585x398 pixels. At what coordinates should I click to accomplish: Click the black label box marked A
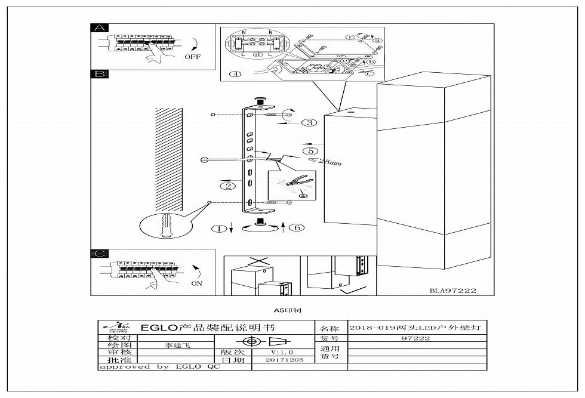98,28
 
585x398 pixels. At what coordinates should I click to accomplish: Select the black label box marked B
98,75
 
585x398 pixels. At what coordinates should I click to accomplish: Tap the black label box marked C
98,254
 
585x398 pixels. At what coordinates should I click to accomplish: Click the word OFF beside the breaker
192,58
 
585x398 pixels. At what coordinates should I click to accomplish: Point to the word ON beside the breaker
196,284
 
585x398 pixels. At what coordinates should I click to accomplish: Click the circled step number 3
309,123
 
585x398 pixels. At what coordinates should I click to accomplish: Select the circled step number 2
227,186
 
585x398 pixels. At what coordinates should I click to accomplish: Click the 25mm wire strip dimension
328,163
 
